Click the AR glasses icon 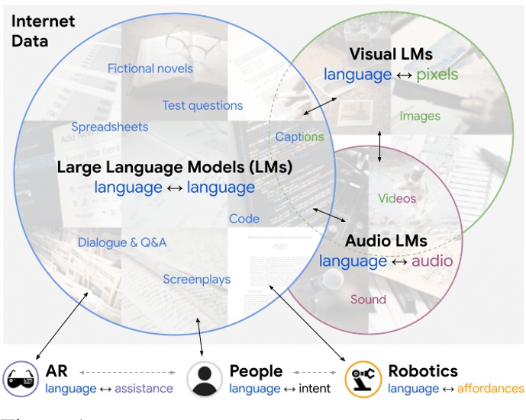tap(21, 379)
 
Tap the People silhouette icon tap(204, 379)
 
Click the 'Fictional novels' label tap(150, 69)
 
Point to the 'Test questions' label tap(202, 105)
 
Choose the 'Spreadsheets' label tap(110, 127)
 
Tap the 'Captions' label tap(299, 137)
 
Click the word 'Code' tap(244, 219)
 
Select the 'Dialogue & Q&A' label tap(122, 242)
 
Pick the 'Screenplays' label tap(196, 280)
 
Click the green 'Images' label tap(420, 116)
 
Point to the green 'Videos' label tap(397, 198)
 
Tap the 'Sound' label tap(368, 300)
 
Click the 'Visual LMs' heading tap(391, 54)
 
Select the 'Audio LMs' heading tap(386, 241)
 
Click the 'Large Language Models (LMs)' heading tap(175, 167)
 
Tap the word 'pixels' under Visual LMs tap(437, 75)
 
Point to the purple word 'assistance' tap(144, 389)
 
